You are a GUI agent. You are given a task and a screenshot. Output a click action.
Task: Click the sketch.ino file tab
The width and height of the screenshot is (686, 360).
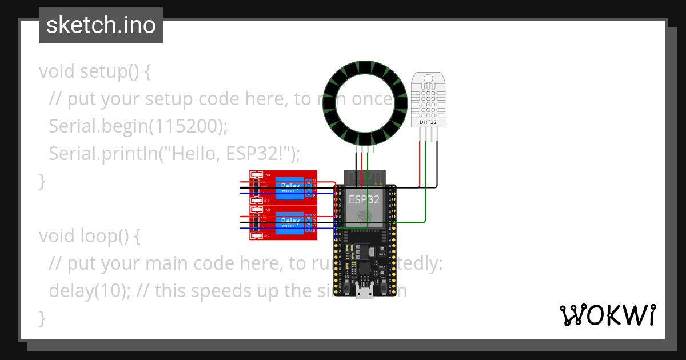click(x=101, y=25)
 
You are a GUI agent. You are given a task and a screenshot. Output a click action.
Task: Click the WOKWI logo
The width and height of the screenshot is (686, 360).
click(x=607, y=315)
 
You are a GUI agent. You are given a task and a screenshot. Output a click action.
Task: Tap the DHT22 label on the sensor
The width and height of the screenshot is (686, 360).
click(x=429, y=121)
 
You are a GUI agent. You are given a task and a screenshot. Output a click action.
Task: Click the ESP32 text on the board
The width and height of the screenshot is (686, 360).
click(x=364, y=199)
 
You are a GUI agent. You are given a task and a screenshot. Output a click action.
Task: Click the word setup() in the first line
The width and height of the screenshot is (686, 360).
click(x=115, y=72)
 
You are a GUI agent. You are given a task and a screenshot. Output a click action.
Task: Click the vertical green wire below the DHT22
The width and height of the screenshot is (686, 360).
click(x=426, y=183)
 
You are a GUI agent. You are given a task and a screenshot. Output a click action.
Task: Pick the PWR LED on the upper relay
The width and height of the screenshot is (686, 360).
click(x=257, y=175)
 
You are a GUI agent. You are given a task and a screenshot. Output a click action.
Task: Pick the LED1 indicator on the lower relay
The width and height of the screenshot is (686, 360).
click(x=257, y=235)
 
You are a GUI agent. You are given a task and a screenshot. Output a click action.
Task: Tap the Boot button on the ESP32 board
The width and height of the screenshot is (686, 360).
click(x=379, y=279)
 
